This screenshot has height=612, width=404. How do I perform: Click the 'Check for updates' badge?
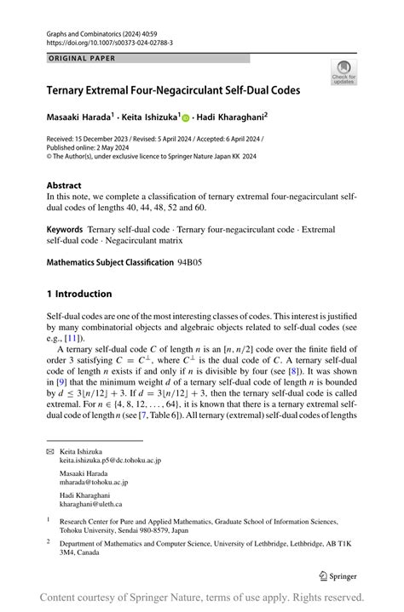click(344, 71)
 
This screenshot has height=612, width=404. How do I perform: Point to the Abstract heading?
click(65, 185)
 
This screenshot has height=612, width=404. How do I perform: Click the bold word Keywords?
click(65, 229)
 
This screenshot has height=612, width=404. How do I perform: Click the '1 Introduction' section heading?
click(79, 294)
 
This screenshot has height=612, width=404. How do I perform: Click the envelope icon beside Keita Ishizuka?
click(50, 450)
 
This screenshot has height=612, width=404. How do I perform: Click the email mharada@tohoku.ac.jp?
click(93, 482)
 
